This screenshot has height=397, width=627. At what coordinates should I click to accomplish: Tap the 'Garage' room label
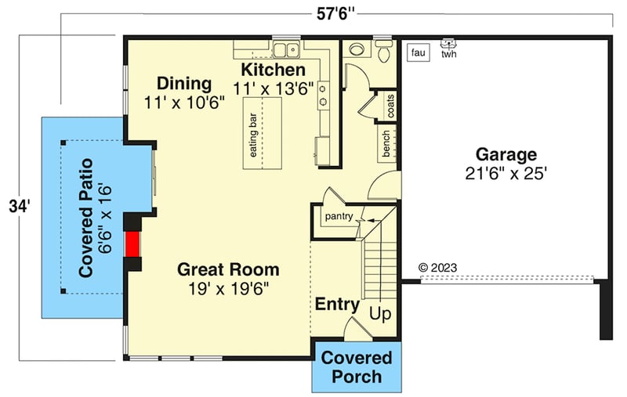pyautogui.click(x=506, y=154)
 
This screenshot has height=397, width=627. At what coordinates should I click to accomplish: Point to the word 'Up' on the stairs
pyautogui.click(x=379, y=314)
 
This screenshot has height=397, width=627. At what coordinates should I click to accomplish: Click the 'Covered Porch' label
pyautogui.click(x=357, y=367)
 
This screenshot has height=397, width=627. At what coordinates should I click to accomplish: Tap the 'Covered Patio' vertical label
pyautogui.click(x=87, y=217)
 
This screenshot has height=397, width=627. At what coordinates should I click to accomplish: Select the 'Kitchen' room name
pyautogui.click(x=272, y=70)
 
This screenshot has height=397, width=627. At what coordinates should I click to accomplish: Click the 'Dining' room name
pyautogui.click(x=184, y=84)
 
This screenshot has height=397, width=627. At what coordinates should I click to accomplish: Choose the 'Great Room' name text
pyautogui.click(x=228, y=270)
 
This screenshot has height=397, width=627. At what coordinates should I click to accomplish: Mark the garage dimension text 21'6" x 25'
pyautogui.click(x=506, y=174)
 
